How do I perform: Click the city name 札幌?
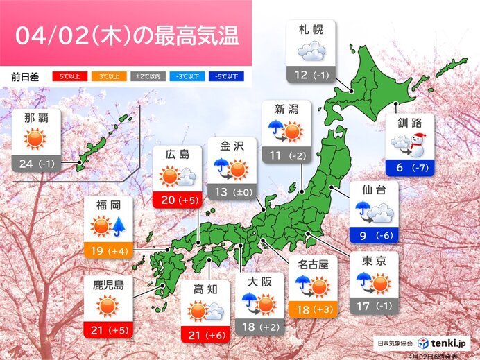point(310,30)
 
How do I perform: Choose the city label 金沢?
point(232,148)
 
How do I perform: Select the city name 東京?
point(374,262)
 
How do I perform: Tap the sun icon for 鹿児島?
point(108,307)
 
